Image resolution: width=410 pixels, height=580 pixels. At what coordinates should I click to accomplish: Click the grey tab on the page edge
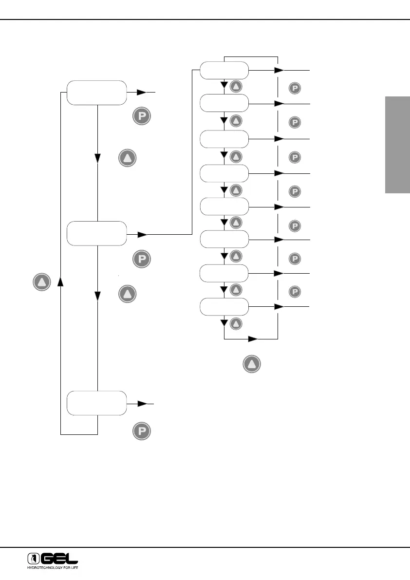[x=397, y=145]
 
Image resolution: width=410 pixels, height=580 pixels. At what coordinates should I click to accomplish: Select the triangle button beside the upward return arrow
[x=42, y=282]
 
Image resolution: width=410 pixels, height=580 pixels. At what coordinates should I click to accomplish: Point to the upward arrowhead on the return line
[x=60, y=281]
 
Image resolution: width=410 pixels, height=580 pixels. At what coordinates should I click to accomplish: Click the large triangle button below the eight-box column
[x=252, y=364]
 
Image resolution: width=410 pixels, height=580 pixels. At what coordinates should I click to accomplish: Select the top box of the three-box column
[x=96, y=93]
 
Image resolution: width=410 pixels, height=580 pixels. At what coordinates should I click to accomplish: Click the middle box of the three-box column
[x=96, y=233]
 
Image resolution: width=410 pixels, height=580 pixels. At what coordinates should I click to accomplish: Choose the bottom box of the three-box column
[x=96, y=403]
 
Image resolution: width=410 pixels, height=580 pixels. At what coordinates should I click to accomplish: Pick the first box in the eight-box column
[x=224, y=71]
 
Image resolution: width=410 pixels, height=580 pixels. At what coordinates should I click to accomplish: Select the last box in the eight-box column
[x=224, y=307]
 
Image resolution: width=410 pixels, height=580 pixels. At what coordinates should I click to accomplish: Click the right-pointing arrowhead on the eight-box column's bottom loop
[x=253, y=338]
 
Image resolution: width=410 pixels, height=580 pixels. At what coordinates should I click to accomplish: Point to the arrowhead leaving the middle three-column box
[x=142, y=235]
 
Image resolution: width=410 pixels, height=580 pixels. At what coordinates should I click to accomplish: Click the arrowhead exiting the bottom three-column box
[x=142, y=404]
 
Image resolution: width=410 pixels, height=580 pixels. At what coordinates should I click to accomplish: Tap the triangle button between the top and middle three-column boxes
[x=127, y=159]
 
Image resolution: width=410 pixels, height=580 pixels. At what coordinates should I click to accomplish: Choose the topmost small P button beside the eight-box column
[x=295, y=88]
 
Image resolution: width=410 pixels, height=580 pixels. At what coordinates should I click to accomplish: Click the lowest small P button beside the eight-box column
[x=295, y=292]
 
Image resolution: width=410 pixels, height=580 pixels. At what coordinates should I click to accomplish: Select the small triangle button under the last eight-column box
[x=236, y=323]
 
